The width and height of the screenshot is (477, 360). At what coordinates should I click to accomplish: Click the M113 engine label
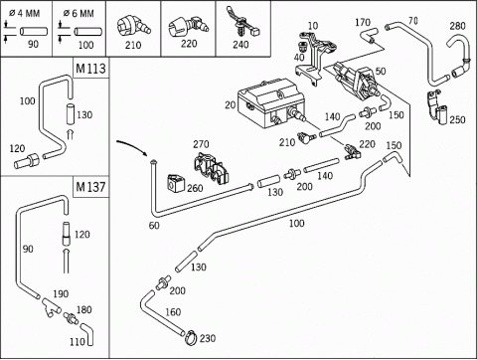pos(90,69)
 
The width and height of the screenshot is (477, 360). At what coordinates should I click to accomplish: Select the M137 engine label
pos(90,187)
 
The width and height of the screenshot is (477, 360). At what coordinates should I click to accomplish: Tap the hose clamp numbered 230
pos(191,338)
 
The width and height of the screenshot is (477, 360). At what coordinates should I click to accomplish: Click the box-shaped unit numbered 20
pos(271,102)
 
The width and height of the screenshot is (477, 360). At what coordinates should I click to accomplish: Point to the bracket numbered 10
pos(315,58)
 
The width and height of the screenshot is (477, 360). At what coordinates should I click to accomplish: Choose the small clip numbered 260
pos(176,183)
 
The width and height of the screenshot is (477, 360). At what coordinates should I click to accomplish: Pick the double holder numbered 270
pos(211,168)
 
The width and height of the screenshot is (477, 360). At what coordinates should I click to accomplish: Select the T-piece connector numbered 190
pos(51,306)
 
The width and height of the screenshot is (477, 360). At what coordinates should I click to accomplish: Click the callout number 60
pos(154,226)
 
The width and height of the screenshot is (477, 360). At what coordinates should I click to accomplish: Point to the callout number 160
pos(173,312)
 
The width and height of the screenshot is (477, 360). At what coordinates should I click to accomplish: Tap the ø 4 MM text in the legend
pos(24,13)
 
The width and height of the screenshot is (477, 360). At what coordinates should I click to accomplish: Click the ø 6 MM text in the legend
pos(79,13)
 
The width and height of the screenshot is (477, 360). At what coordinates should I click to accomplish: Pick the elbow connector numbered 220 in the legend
pos(188,26)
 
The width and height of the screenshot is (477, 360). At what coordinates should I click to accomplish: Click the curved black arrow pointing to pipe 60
pos(132,146)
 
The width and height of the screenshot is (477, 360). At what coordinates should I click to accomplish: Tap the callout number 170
pos(363,22)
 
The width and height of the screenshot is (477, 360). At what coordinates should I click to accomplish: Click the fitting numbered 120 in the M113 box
pos(26,162)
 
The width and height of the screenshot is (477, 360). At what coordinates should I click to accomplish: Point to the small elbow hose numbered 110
pos(87,334)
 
